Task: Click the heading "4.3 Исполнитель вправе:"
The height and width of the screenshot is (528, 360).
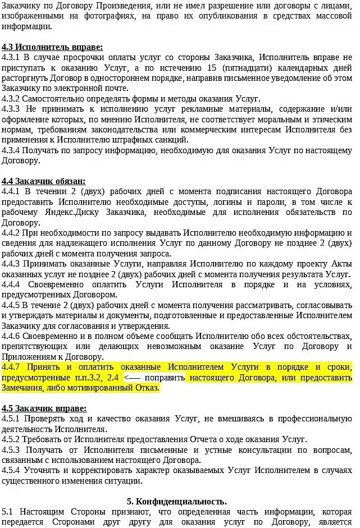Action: pos(52,47)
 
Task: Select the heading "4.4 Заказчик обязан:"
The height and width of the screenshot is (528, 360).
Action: pos(43,181)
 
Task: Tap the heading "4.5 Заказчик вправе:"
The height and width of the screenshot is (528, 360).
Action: pos(44,408)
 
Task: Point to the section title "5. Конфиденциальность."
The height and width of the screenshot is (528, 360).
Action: pos(177,501)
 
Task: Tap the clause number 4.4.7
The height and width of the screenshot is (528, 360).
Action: pos(12,367)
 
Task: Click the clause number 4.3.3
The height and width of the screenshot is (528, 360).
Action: pos(12,109)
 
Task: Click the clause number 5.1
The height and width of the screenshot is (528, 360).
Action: pos(7,512)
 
